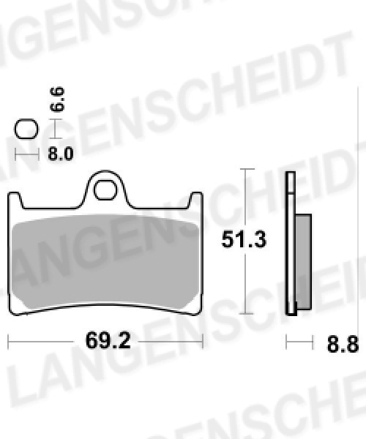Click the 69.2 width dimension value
pyautogui.click(x=108, y=341)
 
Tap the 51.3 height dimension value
pyautogui.click(x=244, y=240)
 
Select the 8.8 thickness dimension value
pyautogui.click(x=343, y=344)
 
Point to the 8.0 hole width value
pyautogui.click(x=61, y=154)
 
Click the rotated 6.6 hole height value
pyautogui.click(x=57, y=100)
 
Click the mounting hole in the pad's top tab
pyautogui.click(x=105, y=190)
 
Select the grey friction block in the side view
pyautogui.click(x=303, y=262)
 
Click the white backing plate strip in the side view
pyautogui.click(x=291, y=244)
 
